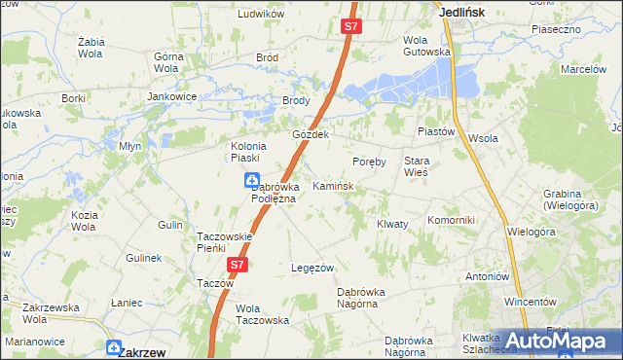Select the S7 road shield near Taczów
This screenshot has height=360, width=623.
click(238, 264)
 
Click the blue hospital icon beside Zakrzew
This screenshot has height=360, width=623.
click(114, 347)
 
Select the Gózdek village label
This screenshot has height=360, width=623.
click(312, 134)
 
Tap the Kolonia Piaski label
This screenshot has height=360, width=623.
click(244, 152)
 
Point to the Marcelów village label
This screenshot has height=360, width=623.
click(584, 70)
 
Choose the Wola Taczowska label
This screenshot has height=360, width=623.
click(263, 313)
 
